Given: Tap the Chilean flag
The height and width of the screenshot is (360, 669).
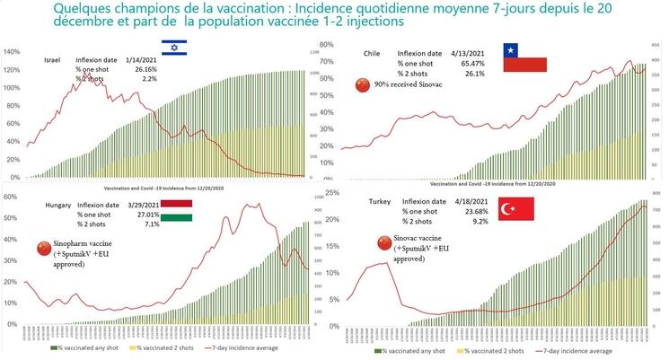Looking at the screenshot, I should coord(524,57).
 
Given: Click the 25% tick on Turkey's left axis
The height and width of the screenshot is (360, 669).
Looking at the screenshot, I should coord(332,192).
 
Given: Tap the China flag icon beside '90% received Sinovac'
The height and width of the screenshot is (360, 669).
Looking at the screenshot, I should coord(363,85).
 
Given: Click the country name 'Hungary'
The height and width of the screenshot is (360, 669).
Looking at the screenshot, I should coord(58,206).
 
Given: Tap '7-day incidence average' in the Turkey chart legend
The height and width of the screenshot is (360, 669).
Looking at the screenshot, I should coord(578,351).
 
